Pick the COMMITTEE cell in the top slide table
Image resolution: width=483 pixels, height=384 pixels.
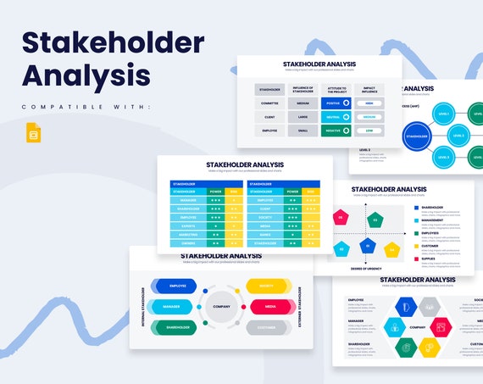tap(270, 103)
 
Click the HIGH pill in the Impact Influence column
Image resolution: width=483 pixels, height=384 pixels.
tap(369, 103)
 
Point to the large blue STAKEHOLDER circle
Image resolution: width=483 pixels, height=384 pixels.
tap(417, 134)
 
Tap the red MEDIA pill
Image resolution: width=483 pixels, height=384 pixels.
tap(269, 306)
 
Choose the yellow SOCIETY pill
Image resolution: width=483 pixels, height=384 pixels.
tap(269, 286)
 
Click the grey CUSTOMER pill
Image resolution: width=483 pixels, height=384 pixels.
tap(269, 326)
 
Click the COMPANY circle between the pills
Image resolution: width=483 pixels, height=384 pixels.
tap(221, 306)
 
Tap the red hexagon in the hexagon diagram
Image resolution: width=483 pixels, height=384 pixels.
tap(440, 326)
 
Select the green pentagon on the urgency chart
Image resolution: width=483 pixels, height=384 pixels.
tap(375, 221)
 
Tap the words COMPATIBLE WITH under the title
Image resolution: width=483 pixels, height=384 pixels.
tap(86, 106)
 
